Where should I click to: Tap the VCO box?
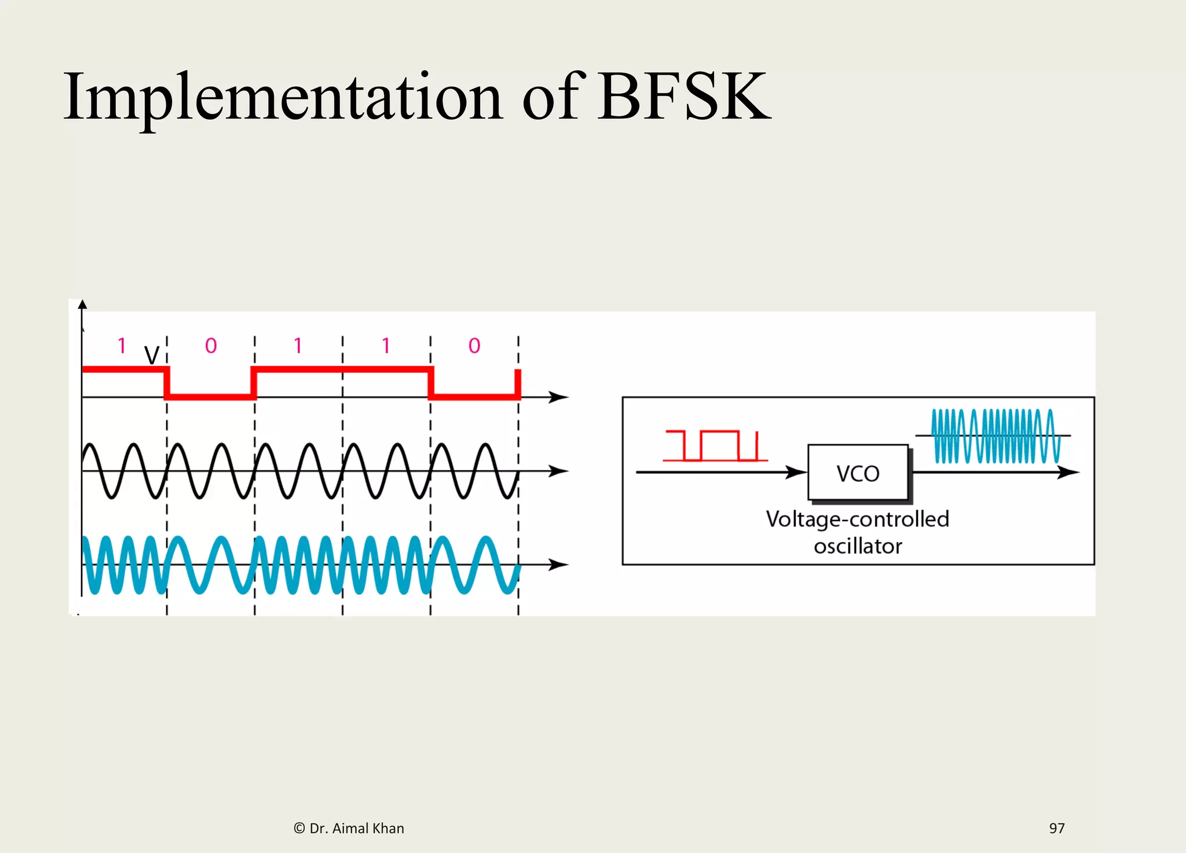858,473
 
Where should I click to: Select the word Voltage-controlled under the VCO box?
857,519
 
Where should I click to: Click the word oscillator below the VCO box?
858,546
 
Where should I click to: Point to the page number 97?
1056,828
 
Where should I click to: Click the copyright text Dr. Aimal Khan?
349,828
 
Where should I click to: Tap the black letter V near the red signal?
152,355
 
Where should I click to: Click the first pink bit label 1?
122,346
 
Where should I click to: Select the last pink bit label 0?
474,346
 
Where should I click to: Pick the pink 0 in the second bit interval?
211,346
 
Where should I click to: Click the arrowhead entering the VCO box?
797,473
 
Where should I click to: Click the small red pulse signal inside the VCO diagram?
715,446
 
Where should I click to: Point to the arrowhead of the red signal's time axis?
558,397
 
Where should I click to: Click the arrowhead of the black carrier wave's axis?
558,471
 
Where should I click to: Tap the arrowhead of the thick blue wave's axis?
558,564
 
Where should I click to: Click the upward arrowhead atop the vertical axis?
82,305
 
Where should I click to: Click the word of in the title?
550,97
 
